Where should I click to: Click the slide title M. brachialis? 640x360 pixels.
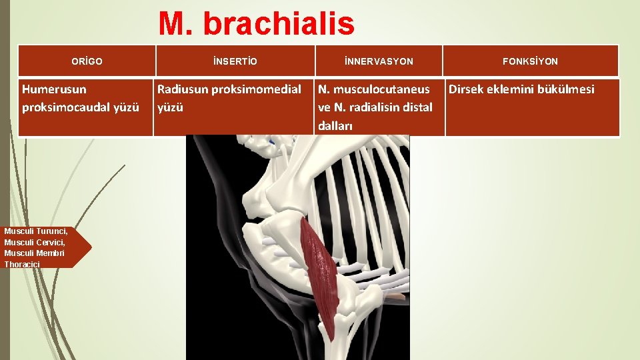point(256,25)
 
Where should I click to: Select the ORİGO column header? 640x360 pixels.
point(87,61)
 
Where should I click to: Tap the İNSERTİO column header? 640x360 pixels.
point(235,61)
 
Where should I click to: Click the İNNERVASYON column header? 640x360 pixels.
point(379,61)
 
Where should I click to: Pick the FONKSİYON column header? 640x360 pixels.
point(531,61)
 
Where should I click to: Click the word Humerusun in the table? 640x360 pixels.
point(54,89)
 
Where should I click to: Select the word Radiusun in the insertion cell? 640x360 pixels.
point(182,89)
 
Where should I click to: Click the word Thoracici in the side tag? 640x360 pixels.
point(22,265)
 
